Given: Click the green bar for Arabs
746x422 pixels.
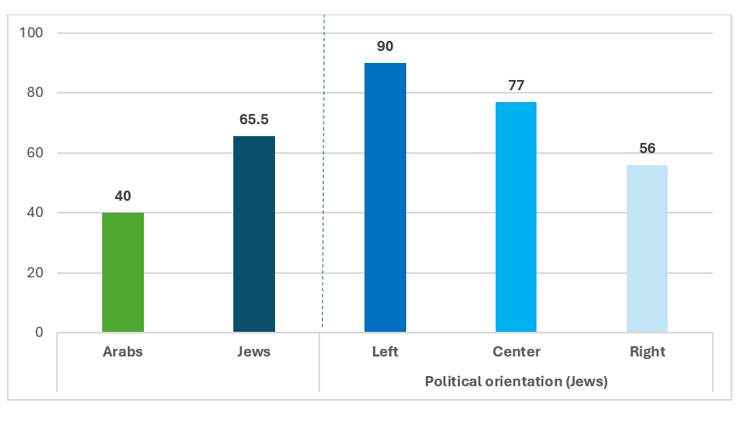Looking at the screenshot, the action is (x=123, y=272).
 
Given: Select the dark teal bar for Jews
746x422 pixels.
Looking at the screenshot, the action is (x=254, y=234).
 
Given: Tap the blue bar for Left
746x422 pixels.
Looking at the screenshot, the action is (x=386, y=197).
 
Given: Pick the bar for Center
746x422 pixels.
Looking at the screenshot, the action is (x=516, y=217).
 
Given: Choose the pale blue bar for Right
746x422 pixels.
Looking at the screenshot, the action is (x=647, y=248).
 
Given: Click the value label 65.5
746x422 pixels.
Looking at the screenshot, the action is (x=254, y=119).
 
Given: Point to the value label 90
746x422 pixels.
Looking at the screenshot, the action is (x=386, y=46).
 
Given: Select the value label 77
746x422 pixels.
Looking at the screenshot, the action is (x=516, y=85).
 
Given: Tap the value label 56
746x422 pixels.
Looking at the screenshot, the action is (x=647, y=148).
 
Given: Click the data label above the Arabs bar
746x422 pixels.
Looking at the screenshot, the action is (x=123, y=196).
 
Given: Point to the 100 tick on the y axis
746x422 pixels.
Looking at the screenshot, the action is (x=31, y=32).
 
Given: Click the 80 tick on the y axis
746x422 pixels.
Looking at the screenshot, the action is (x=35, y=92).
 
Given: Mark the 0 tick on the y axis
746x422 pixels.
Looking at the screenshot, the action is (x=39, y=332).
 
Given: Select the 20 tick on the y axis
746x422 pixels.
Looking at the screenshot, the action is (x=35, y=272).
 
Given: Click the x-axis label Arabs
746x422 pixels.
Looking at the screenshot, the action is (x=123, y=351).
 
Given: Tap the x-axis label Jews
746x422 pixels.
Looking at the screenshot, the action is (x=254, y=351).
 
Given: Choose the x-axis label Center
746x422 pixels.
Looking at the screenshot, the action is (x=516, y=351).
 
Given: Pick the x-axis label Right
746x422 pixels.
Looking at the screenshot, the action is (x=647, y=352).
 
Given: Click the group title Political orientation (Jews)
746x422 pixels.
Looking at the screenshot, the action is (x=516, y=382).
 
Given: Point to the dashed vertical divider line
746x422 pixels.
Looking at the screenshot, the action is (x=324, y=171).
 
